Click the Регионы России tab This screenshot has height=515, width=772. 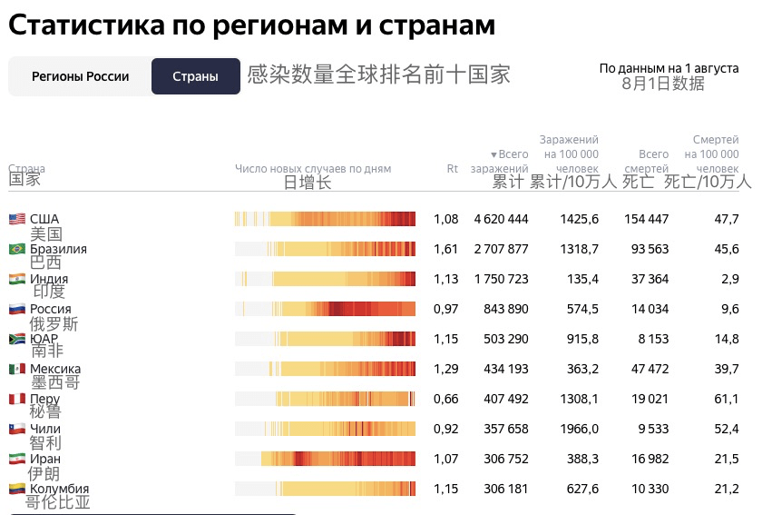80,76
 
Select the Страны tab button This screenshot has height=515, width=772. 195,76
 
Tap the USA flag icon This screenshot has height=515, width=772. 16,219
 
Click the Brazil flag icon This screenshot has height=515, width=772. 16,249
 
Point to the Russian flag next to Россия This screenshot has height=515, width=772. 16,309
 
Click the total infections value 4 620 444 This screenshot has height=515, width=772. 501,219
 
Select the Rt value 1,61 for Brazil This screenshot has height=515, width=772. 445,249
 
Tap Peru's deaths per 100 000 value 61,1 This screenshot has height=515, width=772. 728,399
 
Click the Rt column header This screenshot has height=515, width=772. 452,168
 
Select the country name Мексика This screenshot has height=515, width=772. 55,369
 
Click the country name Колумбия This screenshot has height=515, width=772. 60,489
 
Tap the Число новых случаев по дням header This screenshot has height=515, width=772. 312,168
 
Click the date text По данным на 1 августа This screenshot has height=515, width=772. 669,68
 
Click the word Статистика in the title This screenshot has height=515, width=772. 84,25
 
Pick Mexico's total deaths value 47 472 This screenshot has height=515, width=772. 646,369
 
